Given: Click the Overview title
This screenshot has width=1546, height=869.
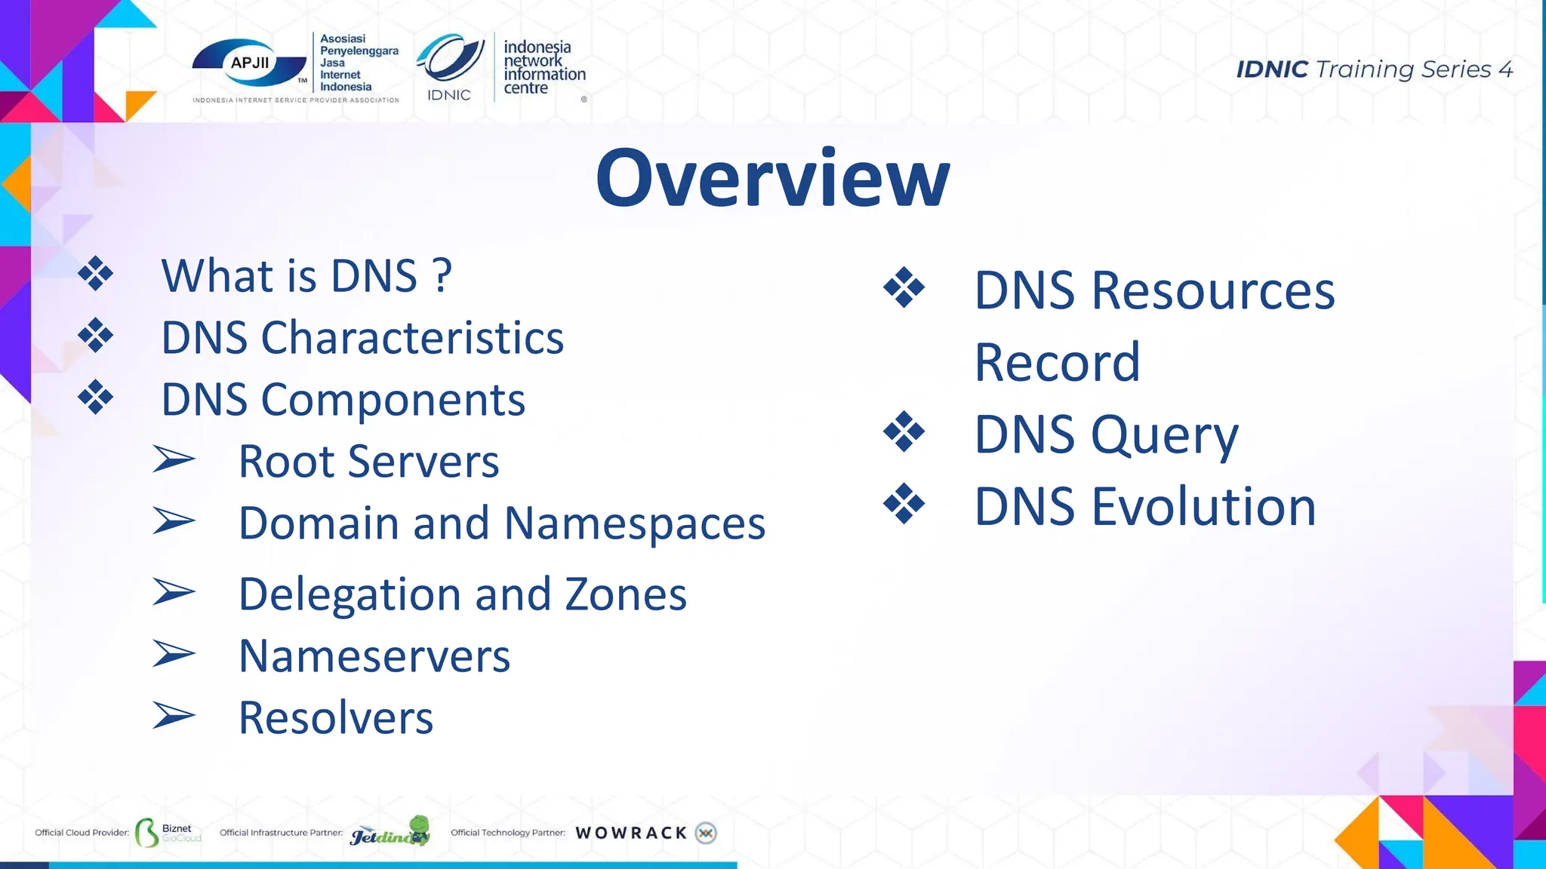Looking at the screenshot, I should point(772,178).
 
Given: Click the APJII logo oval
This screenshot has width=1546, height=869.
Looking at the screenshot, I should point(249,63).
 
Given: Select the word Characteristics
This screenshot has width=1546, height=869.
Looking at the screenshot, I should point(412,337).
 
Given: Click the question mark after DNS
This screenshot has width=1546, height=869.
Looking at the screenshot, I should point(443,275).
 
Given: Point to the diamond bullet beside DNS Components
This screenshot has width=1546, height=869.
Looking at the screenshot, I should point(96,398).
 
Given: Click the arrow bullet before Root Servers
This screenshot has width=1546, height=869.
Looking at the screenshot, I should point(174,459).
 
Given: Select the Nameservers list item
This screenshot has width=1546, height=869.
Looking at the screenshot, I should point(374,656).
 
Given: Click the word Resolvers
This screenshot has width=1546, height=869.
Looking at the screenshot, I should point(336,717).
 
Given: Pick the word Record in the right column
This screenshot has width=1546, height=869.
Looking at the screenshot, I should point(1057,362).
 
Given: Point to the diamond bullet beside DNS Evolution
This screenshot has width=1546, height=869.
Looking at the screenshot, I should point(904,504).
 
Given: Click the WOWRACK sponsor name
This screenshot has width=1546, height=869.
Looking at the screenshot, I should point(631,833).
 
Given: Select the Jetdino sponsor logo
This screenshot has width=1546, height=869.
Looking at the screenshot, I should point(390,831).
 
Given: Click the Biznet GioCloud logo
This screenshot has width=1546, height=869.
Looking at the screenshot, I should point(168,832).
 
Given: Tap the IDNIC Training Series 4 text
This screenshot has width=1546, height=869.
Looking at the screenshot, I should point(1374,69).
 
